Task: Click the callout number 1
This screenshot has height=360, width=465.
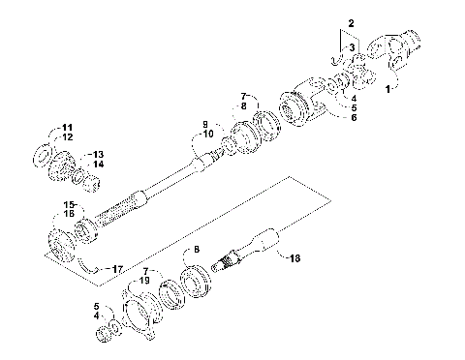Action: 391,87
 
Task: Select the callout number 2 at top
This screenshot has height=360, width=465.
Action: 352,20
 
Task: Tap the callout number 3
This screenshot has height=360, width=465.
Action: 353,45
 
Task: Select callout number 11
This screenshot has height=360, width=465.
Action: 68,128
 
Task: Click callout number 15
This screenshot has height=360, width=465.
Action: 69,204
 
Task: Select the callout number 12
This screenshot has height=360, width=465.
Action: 68,137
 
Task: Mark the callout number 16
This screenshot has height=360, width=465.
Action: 69,214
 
